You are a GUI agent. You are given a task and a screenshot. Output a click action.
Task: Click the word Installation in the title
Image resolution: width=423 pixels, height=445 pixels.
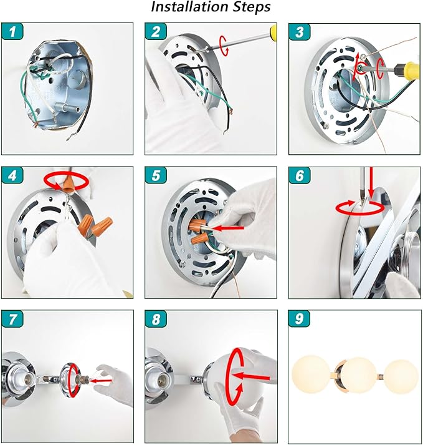click(189, 7)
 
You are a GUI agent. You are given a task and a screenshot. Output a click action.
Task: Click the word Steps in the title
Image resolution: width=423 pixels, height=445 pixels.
click(251, 7)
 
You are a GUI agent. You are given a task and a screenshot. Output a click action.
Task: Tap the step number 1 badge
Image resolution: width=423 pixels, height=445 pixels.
click(12, 31)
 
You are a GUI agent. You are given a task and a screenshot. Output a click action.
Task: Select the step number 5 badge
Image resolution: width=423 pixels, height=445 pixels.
click(156, 175)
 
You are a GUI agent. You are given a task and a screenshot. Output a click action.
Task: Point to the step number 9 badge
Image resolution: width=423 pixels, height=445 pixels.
click(300, 318)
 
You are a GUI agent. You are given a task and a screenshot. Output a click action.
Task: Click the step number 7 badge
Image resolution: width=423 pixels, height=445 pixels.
click(12, 318)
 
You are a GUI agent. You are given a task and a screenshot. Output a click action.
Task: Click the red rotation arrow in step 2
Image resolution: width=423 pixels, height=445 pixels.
click(224, 46)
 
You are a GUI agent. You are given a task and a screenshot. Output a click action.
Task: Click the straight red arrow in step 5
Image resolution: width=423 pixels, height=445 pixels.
click(228, 228)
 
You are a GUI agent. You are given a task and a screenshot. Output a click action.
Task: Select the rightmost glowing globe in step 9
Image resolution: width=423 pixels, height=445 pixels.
click(401, 376)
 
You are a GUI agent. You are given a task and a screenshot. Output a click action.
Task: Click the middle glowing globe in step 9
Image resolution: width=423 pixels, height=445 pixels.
click(358, 375)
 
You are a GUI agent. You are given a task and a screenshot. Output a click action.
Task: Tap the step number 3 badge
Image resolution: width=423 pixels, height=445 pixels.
click(300, 31)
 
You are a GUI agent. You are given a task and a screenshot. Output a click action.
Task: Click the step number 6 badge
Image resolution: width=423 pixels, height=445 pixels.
click(300, 175)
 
